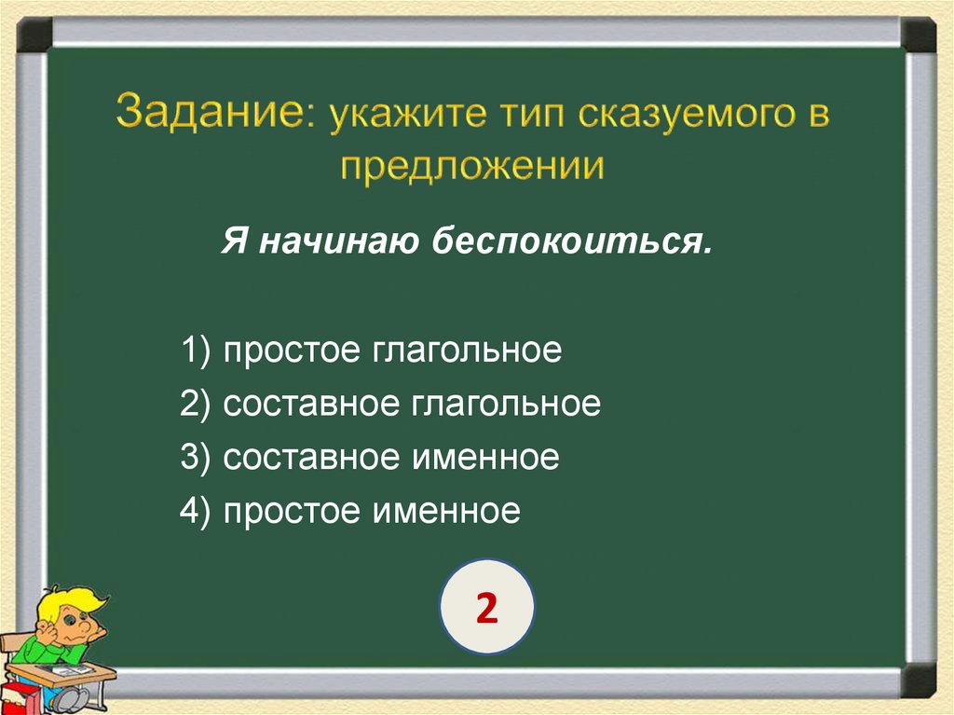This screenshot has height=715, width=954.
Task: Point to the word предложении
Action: (472, 167)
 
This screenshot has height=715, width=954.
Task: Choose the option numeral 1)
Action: (198, 351)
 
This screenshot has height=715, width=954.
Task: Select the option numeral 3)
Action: (198, 458)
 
